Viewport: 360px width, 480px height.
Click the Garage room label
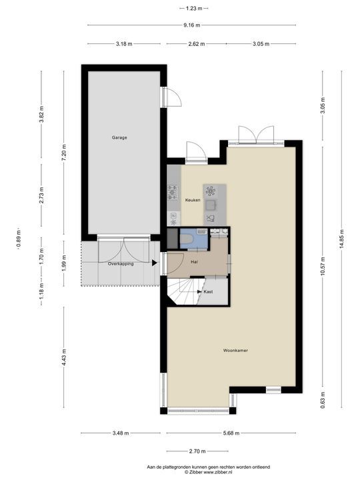tap(119, 138)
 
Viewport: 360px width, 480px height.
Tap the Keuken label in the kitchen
tap(193, 200)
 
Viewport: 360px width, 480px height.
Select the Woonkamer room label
tap(235, 351)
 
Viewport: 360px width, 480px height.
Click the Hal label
tap(194, 262)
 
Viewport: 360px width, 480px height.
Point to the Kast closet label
tap(208, 292)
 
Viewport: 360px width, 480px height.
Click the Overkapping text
tap(121, 263)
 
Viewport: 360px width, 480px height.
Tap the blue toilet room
tap(193, 239)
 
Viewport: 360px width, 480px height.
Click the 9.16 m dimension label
tap(192, 25)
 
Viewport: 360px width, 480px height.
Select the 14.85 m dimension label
tap(342, 239)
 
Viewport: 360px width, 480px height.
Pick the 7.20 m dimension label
tap(64, 152)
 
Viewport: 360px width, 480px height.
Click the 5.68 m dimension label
tap(231, 433)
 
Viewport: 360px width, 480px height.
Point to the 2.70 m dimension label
tap(197, 451)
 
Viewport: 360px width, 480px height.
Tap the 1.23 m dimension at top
tap(194, 9)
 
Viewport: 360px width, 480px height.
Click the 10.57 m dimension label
tap(323, 266)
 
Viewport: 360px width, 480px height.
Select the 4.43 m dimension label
tap(64, 357)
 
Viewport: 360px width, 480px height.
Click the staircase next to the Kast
tap(185, 291)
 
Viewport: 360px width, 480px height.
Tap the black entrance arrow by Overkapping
tap(155, 263)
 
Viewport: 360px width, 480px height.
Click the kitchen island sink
tap(211, 205)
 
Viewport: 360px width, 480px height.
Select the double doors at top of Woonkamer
tap(256, 135)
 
